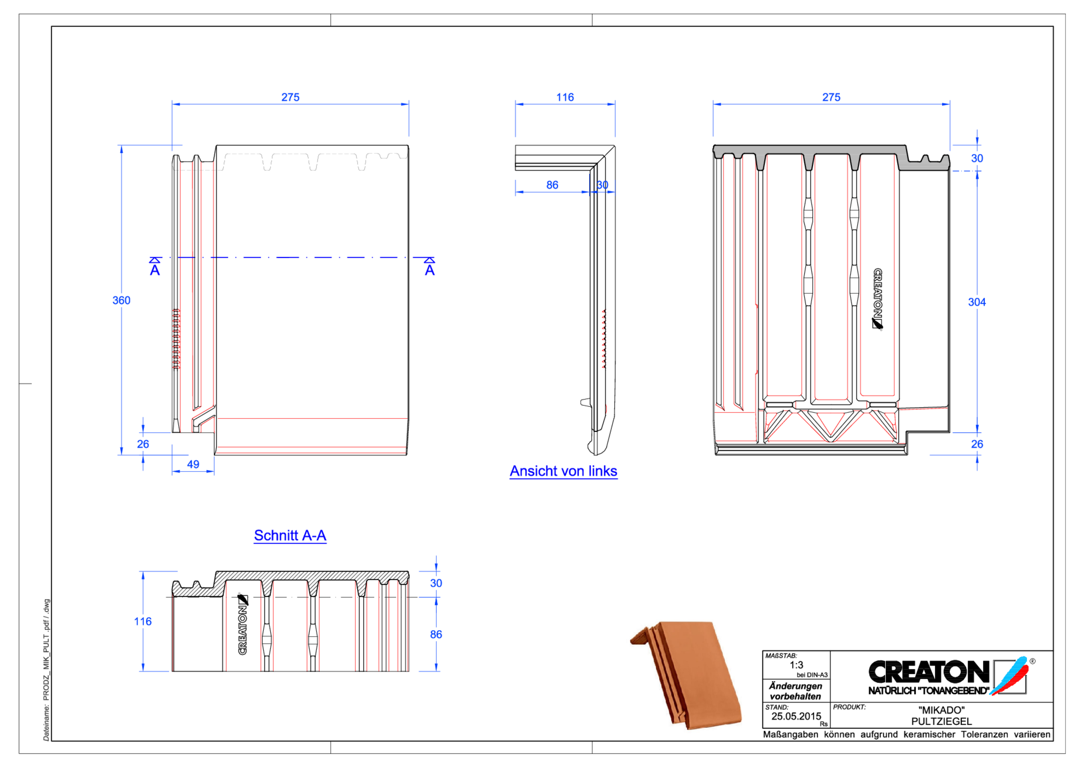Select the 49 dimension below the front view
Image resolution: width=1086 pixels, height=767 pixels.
[193, 464]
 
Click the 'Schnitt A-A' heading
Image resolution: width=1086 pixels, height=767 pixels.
[290, 536]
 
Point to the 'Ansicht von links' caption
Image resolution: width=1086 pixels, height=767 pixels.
[563, 471]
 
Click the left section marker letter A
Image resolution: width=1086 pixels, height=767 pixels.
[155, 271]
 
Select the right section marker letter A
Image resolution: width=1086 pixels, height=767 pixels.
[429, 271]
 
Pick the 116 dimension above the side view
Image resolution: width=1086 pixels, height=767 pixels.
[565, 98]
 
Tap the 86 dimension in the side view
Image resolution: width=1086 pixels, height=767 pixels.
[552, 185]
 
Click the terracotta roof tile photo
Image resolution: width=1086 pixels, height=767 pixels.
[686, 674]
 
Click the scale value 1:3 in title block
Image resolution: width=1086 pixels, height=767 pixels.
[796, 665]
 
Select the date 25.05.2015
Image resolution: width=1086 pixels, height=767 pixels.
[796, 717]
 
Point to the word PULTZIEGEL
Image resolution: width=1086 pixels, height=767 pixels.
[941, 722]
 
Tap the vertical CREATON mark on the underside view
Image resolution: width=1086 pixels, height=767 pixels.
[877, 298]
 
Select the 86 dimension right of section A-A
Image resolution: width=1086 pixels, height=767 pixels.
[436, 635]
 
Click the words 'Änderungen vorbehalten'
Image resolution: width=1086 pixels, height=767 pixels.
[795, 691]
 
